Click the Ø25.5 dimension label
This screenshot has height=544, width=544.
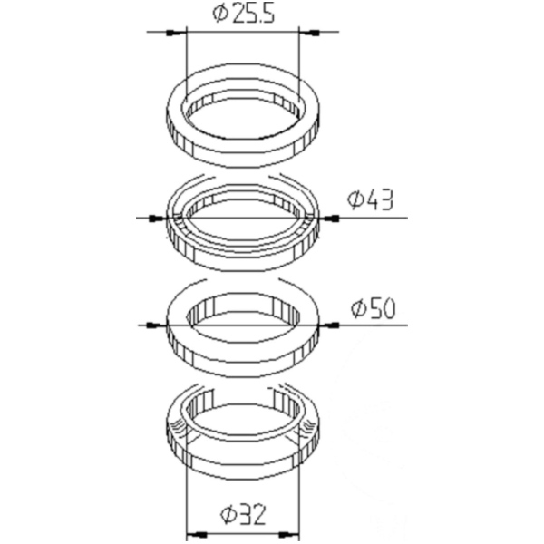coord(242,14)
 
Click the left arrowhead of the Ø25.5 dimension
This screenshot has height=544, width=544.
coord(176,33)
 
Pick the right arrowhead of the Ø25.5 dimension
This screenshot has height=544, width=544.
coord(308,33)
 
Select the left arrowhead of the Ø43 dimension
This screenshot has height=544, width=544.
coord(155,218)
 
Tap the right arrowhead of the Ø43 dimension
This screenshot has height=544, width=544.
coord(328,218)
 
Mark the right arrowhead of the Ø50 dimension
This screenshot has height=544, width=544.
coord(329,324)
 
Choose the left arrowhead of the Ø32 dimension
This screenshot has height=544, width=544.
coord(194,534)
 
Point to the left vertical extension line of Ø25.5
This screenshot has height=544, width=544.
coord(185,63)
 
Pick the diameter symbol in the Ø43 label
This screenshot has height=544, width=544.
coord(355,200)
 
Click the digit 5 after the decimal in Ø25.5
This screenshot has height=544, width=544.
coord(269,14)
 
